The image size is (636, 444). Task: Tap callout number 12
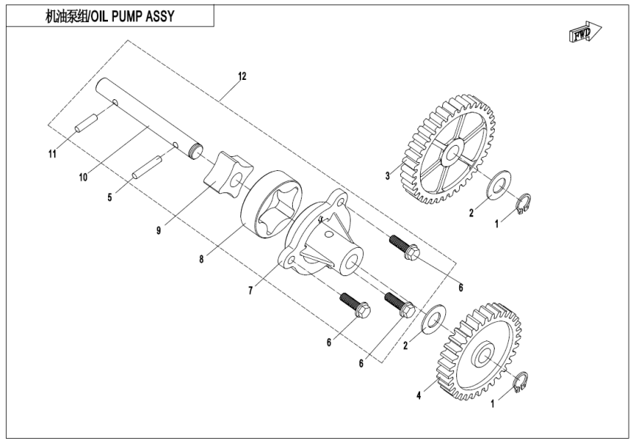[x=242, y=76]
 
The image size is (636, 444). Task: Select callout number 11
[x=53, y=154]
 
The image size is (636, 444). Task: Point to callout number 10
[x=83, y=176]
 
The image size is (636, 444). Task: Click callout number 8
[x=202, y=260]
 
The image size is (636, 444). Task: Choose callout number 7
[x=251, y=291]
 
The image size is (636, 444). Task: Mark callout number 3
[x=387, y=175]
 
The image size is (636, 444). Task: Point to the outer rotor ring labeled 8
[x=270, y=204]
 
